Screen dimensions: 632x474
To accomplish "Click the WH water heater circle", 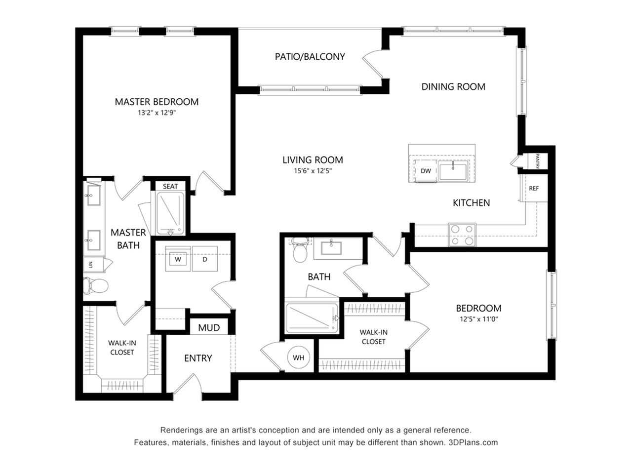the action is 298,357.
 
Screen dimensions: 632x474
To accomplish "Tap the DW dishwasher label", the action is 426,171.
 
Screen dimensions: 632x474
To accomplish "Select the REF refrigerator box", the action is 533,188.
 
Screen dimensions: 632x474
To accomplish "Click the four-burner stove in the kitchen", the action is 462,235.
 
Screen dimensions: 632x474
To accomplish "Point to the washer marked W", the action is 178,259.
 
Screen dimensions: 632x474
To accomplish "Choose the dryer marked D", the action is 205,259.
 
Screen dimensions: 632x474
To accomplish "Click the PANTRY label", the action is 537,161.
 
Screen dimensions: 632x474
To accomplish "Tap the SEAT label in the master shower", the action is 170,187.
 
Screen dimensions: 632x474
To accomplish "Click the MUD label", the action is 209,328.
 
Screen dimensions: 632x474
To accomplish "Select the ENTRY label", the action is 198,358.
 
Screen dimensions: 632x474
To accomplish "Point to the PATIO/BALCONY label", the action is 310,57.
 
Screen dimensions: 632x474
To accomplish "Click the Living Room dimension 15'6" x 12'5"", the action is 313,171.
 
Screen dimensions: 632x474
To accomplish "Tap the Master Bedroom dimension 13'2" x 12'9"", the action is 157,113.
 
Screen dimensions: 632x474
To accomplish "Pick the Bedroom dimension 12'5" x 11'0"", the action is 478,319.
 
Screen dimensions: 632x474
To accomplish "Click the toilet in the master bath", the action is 96,286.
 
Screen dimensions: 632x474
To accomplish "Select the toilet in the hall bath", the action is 300,250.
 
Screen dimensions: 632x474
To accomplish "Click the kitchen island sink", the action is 453,170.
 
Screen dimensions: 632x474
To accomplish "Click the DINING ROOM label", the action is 453,86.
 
